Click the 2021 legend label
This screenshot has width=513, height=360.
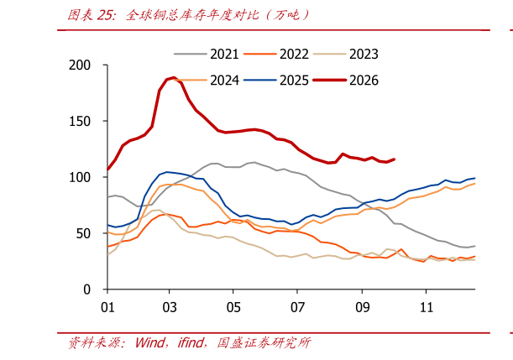pyautogui.click(x=224, y=55)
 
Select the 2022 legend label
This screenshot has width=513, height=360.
pyautogui.click(x=294, y=55)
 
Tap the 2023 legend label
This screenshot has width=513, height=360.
pyautogui.click(x=364, y=55)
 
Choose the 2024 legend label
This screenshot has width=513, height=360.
pyautogui.click(x=224, y=81)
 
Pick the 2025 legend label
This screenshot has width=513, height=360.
pyautogui.click(x=294, y=81)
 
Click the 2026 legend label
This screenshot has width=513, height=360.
pyautogui.click(x=364, y=81)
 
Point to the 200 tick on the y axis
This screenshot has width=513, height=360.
pyautogui.click(x=80, y=65)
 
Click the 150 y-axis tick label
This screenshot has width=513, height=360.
pyautogui.click(x=80, y=122)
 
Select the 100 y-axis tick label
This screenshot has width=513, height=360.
pyautogui.click(x=80, y=177)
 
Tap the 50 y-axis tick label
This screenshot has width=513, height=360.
pyautogui.click(x=83, y=233)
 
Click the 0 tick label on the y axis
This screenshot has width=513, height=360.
pyautogui.click(x=86, y=290)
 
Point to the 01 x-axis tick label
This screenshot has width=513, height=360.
pyautogui.click(x=107, y=307)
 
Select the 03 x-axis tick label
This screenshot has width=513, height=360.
pyautogui.click(x=170, y=307)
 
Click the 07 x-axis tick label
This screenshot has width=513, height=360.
pyautogui.click(x=297, y=307)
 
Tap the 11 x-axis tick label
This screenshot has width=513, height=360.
pyautogui.click(x=427, y=307)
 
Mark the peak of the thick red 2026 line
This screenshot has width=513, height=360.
pyautogui.click(x=174, y=78)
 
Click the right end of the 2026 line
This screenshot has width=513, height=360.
pyautogui.click(x=395, y=159)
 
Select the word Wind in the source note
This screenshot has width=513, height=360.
pyautogui.click(x=150, y=342)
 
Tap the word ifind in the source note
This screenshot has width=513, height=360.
pyautogui.click(x=190, y=342)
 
